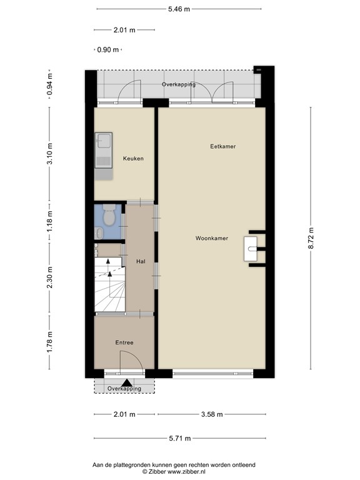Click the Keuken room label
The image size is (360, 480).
coord(133,159)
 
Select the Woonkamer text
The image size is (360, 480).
coord(211,238)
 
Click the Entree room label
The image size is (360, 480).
coord(124,342)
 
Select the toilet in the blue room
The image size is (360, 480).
coord(109,217)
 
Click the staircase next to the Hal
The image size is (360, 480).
coord(110,284)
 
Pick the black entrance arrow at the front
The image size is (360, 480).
coord(127,383)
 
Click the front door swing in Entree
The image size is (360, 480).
coord(129,362)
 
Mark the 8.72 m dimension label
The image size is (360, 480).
coord(311,239)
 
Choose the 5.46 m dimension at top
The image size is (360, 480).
coord(179,9)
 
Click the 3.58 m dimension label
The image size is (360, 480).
coord(213,414)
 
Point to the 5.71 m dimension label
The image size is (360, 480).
coord(179,439)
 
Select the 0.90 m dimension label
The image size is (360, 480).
coord(108,50)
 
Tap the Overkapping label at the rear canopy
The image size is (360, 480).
coord(179,84)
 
